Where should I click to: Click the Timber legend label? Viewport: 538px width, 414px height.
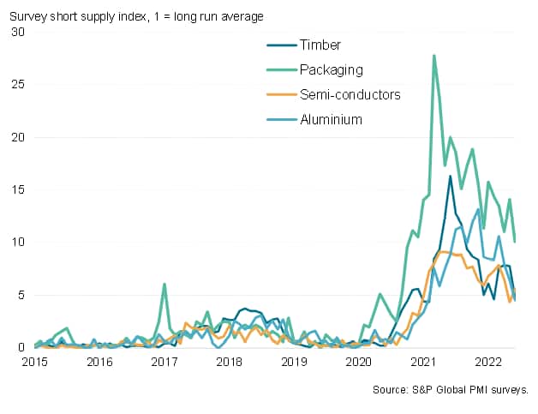pos(320,45)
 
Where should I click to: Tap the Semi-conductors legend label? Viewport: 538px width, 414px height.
pos(350,94)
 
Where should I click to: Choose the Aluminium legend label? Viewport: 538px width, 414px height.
pos(331,119)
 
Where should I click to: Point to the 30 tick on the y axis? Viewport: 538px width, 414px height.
pos(18,32)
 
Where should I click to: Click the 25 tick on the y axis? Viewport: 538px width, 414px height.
pos(18,84)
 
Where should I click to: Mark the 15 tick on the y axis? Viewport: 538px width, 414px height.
pos(18,189)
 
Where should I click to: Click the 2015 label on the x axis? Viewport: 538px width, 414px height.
pos(35,362)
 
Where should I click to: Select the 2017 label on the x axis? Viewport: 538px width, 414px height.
pos(164,362)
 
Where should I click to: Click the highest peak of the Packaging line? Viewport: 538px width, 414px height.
pos(434,56)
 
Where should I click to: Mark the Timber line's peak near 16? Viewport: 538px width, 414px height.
pos(451,177)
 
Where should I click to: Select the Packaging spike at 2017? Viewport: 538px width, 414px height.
pos(164,285)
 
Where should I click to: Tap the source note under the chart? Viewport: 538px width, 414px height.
pos(451,390)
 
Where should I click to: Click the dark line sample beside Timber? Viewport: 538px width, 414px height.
pos(281,45)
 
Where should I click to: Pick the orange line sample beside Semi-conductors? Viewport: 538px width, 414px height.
pos(281,94)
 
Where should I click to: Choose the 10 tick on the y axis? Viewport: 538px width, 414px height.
pos(18,243)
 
